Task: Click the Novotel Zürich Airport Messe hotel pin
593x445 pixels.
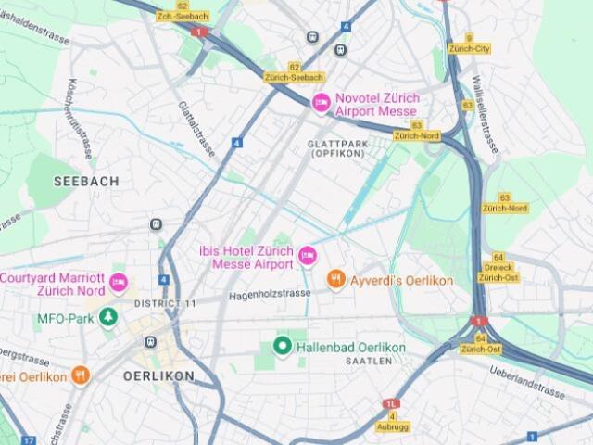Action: click(321, 103)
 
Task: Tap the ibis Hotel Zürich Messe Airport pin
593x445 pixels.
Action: click(308, 254)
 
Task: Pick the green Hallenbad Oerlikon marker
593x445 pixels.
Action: click(283, 347)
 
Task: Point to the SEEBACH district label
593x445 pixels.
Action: click(86, 182)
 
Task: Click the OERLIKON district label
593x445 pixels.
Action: click(158, 376)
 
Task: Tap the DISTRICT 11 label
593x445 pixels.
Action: click(165, 304)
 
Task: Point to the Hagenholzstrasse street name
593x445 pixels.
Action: click(270, 294)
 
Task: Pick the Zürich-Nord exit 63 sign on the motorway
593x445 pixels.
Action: click(417, 135)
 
